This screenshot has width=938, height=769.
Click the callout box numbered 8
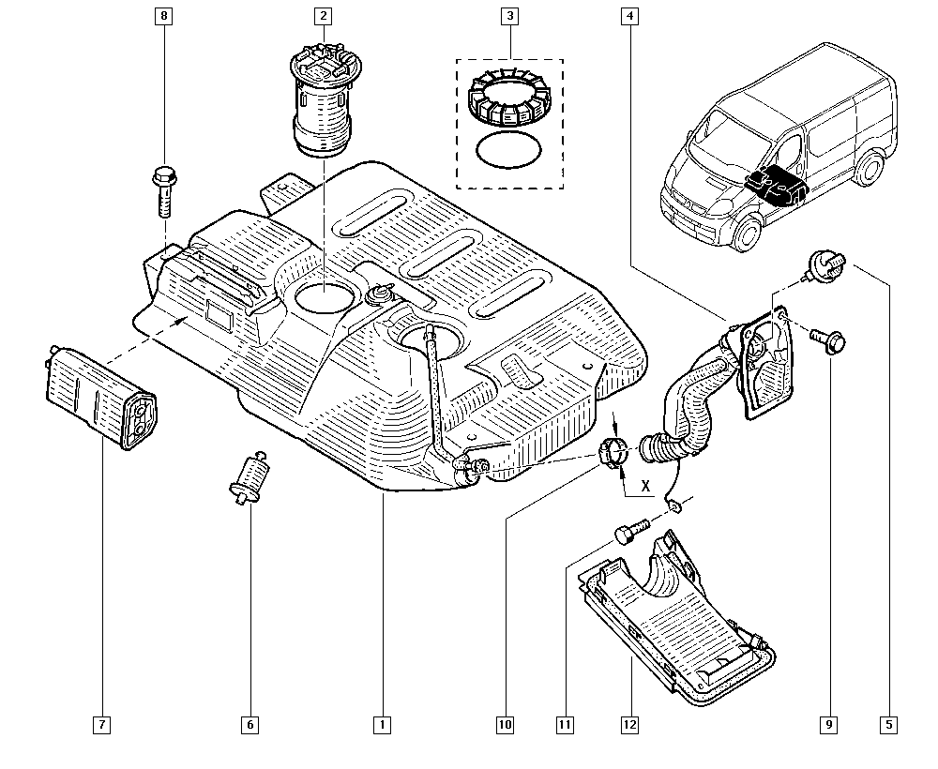[x=163, y=16]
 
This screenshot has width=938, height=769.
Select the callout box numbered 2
[x=323, y=16]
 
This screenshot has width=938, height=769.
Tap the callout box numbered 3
[x=509, y=16]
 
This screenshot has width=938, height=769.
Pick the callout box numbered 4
[x=629, y=16]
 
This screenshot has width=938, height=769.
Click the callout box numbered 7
[x=101, y=725]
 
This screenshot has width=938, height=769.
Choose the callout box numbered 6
[x=250, y=725]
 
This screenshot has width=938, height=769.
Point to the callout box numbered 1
[x=383, y=725]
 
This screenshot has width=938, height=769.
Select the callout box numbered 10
[x=505, y=725]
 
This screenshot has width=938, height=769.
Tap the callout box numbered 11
[x=565, y=725]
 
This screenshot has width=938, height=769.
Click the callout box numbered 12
[x=630, y=725]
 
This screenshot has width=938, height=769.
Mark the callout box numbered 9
[x=829, y=725]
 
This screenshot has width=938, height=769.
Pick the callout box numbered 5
[x=889, y=725]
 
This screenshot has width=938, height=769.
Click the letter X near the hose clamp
[x=645, y=486]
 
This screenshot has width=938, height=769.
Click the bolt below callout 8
[x=164, y=191]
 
